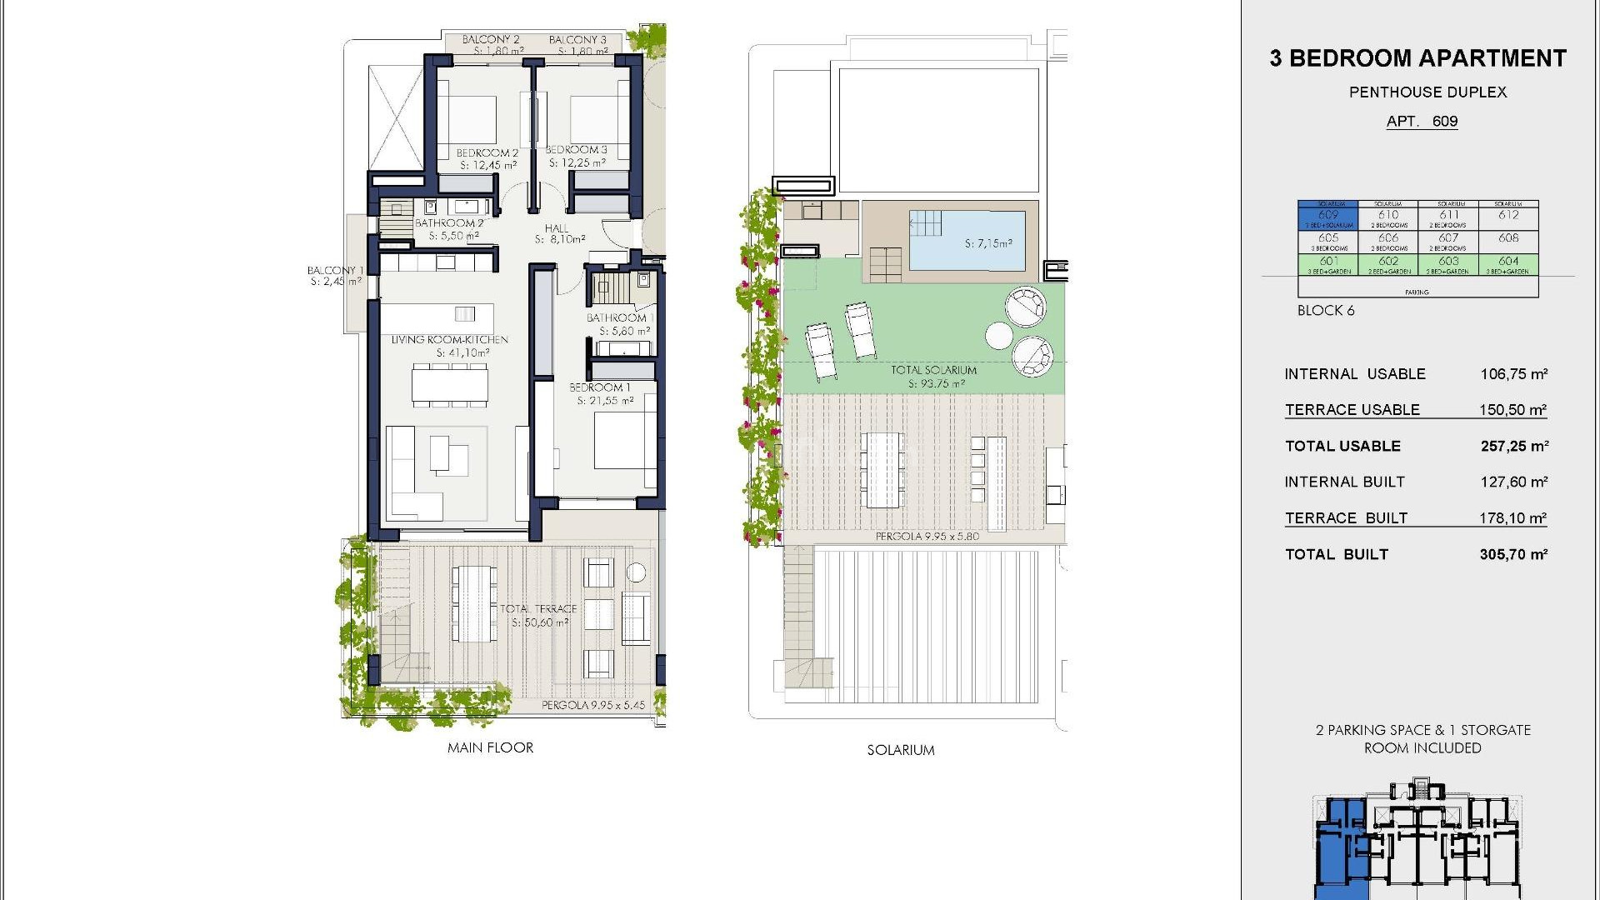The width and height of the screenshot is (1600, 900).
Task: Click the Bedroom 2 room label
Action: click(x=487, y=153)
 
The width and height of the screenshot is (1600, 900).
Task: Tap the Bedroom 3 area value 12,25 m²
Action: click(x=577, y=163)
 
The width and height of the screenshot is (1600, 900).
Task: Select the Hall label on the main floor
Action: click(x=557, y=228)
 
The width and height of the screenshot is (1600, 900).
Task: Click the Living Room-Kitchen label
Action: click(x=450, y=340)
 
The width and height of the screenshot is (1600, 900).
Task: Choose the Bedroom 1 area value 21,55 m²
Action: click(x=605, y=401)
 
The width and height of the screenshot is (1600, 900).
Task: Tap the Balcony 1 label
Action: click(x=335, y=270)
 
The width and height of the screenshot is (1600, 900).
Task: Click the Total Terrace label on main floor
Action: click(x=538, y=609)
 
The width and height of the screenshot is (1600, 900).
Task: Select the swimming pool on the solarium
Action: click(x=967, y=241)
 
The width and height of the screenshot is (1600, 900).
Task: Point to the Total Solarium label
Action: click(x=933, y=370)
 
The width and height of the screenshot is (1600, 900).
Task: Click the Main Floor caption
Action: click(x=490, y=747)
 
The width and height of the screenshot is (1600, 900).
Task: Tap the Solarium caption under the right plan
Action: click(x=901, y=750)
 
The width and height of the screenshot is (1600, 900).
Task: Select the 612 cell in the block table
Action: click(x=1508, y=216)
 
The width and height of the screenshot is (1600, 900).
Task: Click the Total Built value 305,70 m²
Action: click(x=1513, y=554)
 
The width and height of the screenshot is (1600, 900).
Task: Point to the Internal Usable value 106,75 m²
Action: click(x=1513, y=374)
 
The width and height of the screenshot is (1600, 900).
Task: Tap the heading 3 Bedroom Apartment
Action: click(x=1418, y=58)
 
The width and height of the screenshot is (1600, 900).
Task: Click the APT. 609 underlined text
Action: click(x=1422, y=122)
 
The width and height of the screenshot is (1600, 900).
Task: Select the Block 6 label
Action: click(x=1326, y=310)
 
